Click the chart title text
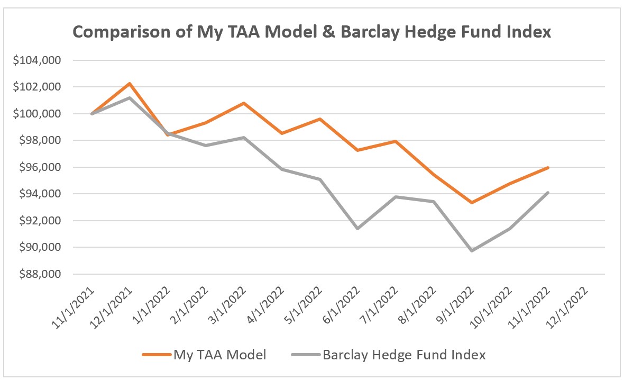click(x=312, y=32)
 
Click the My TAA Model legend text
click(x=220, y=355)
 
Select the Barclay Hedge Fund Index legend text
click(x=405, y=355)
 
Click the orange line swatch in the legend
click(x=157, y=355)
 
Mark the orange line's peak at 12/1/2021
click(x=130, y=84)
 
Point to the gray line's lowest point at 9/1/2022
click(x=472, y=250)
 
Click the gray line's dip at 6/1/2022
click(x=358, y=229)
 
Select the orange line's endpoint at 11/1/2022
click(x=548, y=168)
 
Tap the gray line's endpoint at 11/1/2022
click(x=548, y=193)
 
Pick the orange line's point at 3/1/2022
click(x=244, y=103)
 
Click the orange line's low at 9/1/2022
click(x=472, y=203)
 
